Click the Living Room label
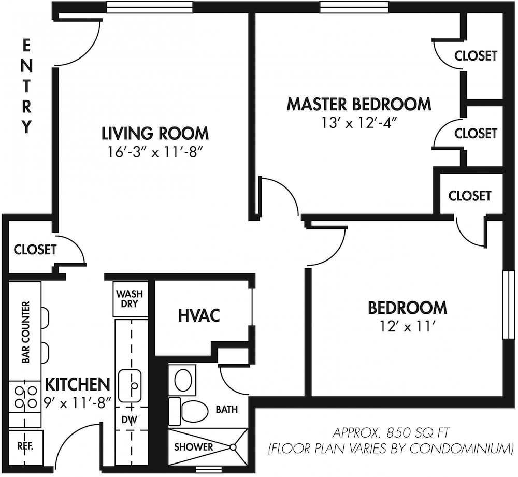pos(155,133)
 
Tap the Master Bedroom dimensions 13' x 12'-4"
pos(359,123)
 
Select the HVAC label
pos(199,315)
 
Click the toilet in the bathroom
pos(188,411)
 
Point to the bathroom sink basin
pos(183,380)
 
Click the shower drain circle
pos(233,447)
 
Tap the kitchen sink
pos(129,385)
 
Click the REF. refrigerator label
pos(25,446)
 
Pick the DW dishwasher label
pos(129,420)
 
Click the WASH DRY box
pos(130,299)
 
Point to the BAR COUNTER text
pos(25,332)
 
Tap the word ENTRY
pos(27,86)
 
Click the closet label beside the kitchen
pos(35,250)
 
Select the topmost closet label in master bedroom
pos(476,55)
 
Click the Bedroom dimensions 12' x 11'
pos(407,327)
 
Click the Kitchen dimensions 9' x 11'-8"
pos(77,403)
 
